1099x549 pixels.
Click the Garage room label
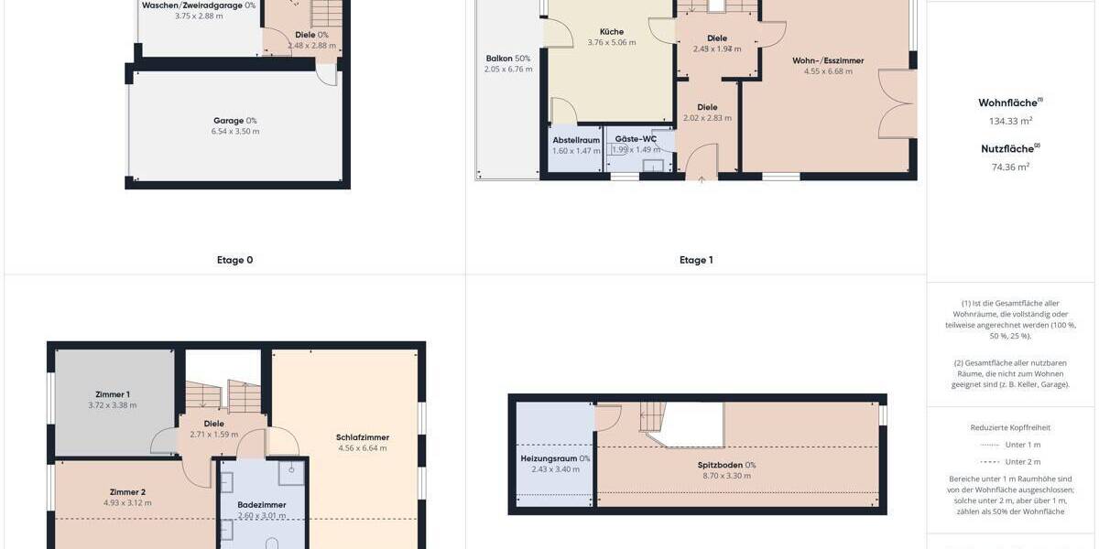229,121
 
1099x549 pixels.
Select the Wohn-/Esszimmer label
828,61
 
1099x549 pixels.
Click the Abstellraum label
576,140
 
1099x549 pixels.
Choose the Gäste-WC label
636,139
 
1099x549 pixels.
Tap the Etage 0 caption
234,260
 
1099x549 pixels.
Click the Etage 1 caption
696,260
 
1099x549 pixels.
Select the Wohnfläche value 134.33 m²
1010,121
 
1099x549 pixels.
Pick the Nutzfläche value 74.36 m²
1010,167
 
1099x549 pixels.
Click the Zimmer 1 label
113,394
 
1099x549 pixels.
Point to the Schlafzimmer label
363,437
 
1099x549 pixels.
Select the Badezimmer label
262,504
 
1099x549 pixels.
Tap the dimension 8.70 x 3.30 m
726,476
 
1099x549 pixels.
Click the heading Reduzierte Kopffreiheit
1010,427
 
